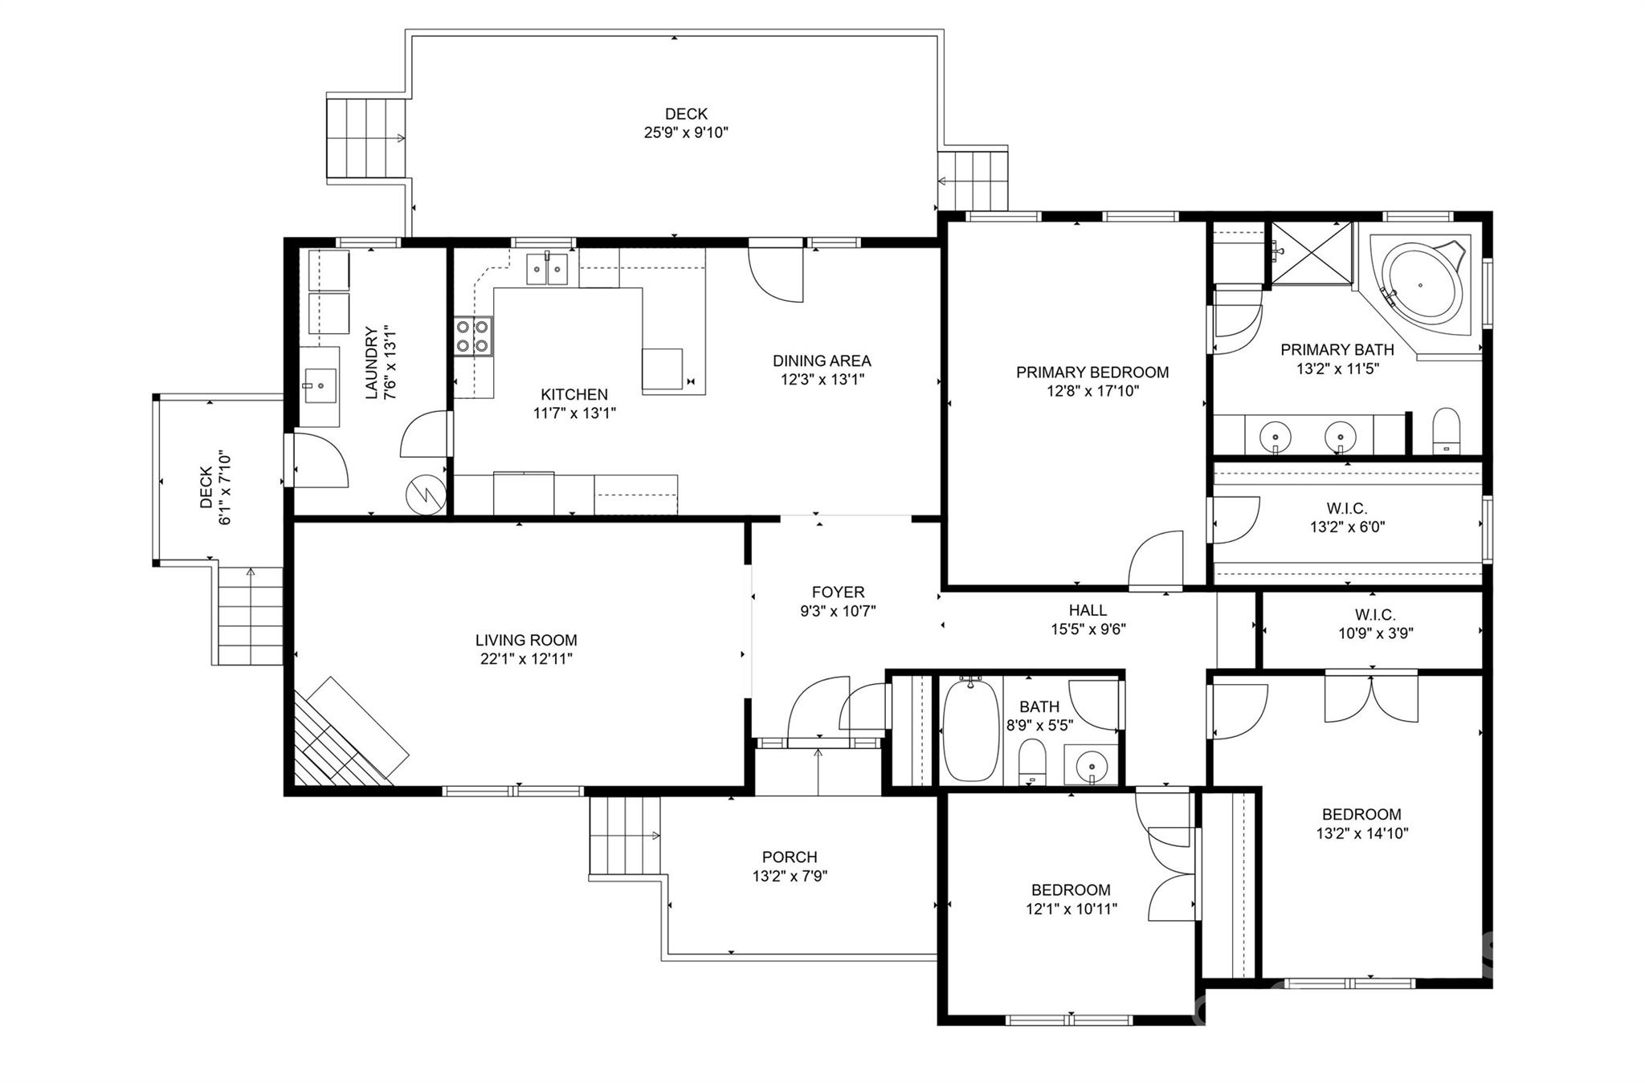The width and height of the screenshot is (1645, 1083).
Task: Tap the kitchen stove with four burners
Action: coord(474,336)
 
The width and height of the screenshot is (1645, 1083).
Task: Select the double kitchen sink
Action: coord(547,268)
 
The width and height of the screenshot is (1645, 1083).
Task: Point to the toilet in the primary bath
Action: coord(1446,431)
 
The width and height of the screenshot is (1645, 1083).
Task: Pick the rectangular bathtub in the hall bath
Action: coord(970,730)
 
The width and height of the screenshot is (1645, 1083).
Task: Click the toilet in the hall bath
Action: coord(1031,762)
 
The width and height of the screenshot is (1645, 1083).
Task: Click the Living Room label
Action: coord(526,640)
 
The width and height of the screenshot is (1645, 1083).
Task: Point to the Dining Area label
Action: coord(822,360)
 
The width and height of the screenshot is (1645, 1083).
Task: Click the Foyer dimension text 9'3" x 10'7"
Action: coord(838,611)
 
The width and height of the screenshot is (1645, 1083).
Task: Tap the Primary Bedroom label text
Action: coord(1092,372)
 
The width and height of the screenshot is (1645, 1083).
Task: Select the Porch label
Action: coord(790,857)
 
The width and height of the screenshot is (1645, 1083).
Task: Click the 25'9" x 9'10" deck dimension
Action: coord(686,132)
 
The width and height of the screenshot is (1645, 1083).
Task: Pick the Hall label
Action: coord(1088,610)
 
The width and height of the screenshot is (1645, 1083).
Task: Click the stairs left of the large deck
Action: coord(366,138)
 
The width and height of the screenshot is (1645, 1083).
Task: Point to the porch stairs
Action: coord(624,836)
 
